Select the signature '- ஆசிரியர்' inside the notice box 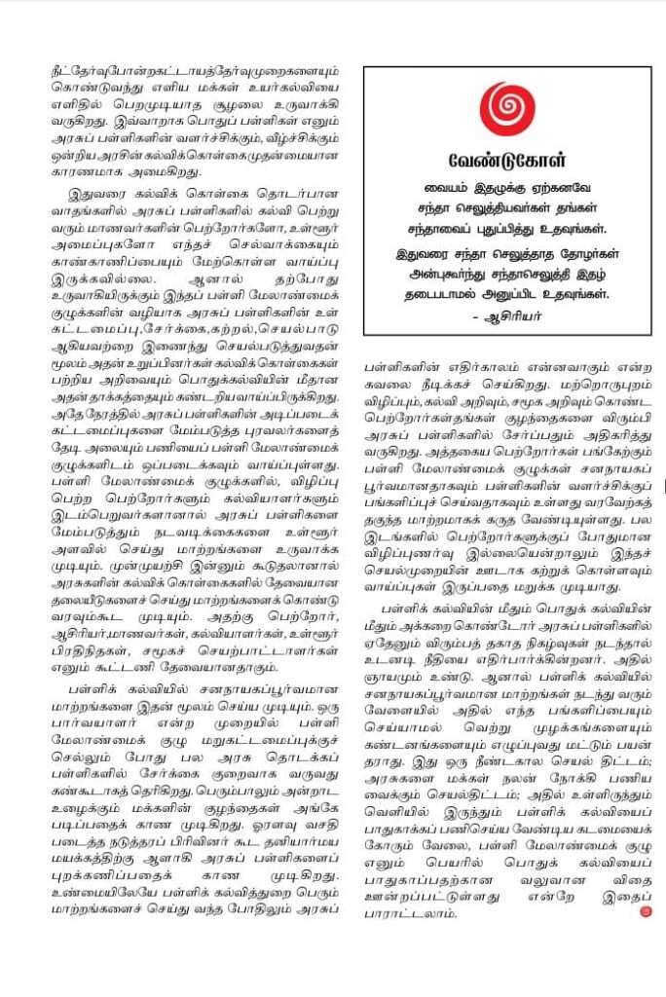[x=584, y=314]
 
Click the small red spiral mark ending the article [x=645, y=911]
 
